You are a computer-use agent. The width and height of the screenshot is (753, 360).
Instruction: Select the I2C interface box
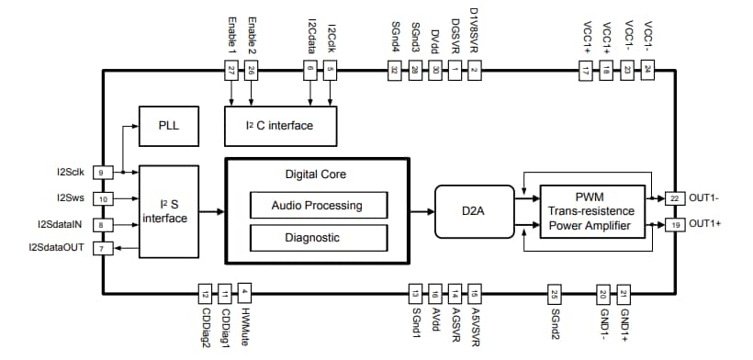(280, 125)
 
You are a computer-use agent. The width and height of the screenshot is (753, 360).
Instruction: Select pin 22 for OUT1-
(676, 197)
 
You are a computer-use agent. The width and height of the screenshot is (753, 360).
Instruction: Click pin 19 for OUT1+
(676, 223)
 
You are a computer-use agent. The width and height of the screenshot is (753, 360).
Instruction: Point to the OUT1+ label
(704, 223)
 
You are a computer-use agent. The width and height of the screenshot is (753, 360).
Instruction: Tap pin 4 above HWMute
(243, 293)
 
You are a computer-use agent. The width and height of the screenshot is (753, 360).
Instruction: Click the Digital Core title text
(317, 173)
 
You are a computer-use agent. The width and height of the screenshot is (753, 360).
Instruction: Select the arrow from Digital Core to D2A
(421, 211)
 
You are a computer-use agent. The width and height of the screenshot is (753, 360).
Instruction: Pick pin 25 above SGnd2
(554, 294)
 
